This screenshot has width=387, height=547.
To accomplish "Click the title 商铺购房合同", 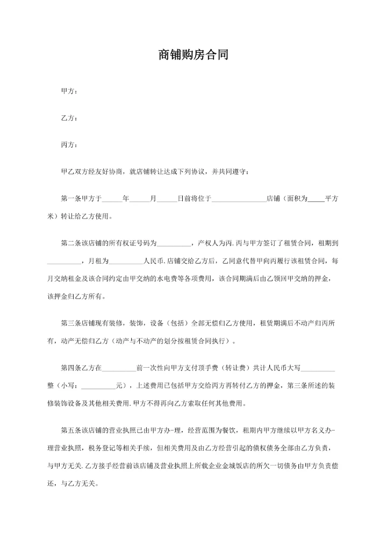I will point(193,55).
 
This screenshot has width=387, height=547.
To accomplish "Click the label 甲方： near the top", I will point(69,91).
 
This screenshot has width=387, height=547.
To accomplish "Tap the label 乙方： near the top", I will point(69,118).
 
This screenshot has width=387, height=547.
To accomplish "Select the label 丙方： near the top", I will point(69,145).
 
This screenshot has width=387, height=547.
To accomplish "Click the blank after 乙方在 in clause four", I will point(119,369).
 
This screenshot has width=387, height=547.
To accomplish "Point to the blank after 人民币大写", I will point(319,369).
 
